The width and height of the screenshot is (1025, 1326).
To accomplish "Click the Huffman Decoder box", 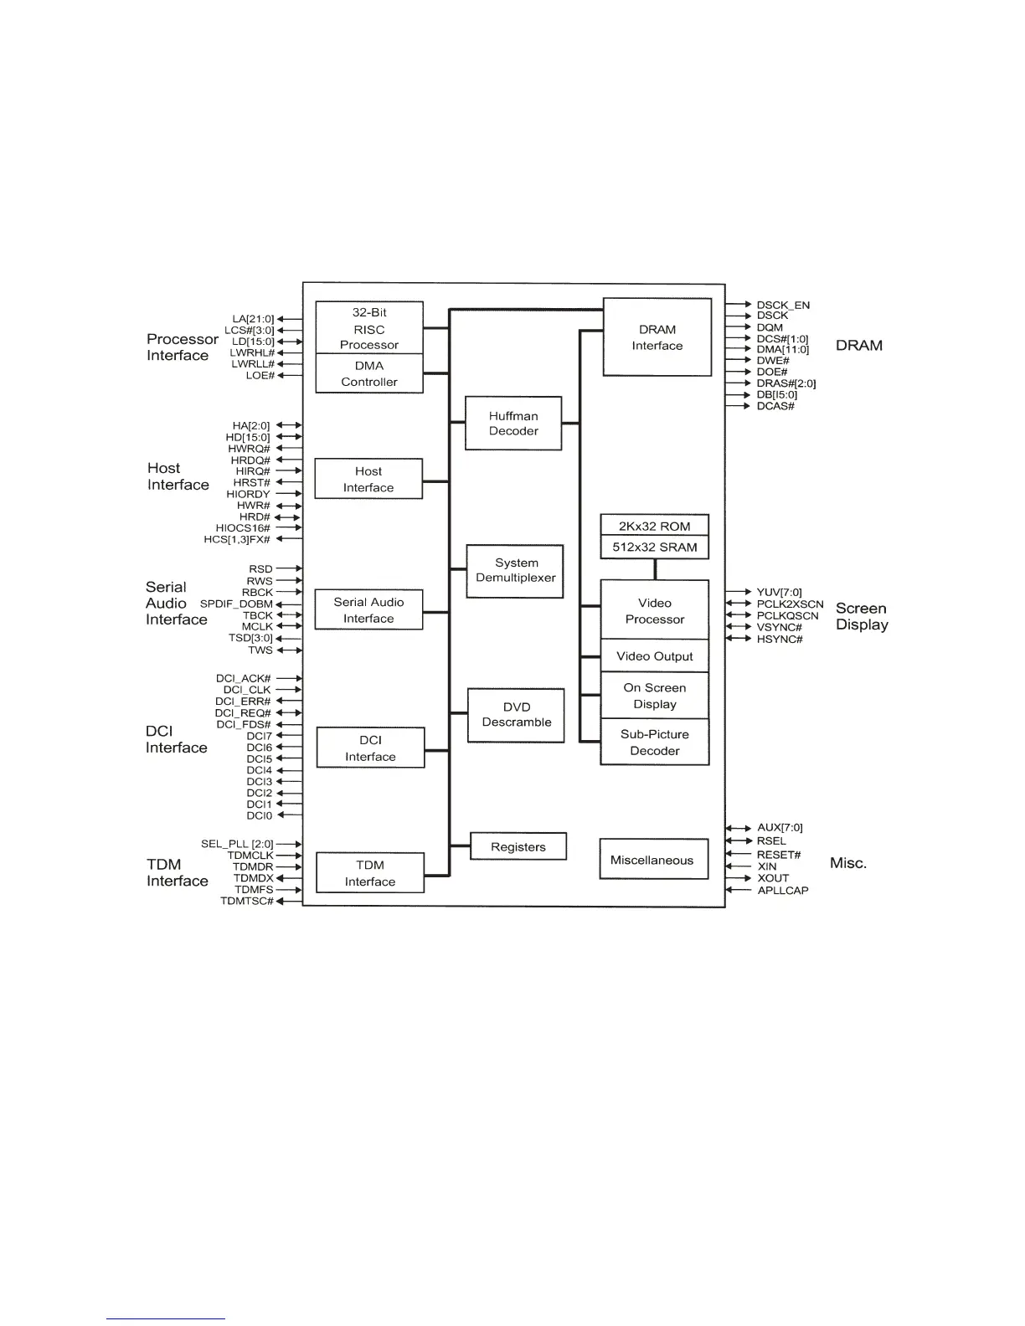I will [x=513, y=424].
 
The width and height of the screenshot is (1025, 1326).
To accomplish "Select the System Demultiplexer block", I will [x=515, y=571].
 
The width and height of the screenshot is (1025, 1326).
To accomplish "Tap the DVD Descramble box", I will [x=516, y=715].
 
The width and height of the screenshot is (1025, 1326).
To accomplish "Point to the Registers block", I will [x=518, y=846].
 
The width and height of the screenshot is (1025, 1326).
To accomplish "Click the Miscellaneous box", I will [x=653, y=860].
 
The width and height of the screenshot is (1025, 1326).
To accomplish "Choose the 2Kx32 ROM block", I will [x=655, y=526].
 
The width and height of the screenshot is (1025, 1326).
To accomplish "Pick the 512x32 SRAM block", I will [x=655, y=547].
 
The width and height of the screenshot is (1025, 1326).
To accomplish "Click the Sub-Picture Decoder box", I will [x=655, y=743].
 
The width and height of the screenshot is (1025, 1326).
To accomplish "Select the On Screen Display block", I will [x=655, y=696].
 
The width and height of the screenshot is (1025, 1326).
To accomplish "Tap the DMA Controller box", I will [x=369, y=374].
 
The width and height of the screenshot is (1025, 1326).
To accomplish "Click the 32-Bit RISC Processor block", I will [x=369, y=328].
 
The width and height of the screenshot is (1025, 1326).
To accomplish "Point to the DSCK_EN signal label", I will [x=783, y=306].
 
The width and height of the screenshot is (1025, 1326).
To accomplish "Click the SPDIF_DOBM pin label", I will [x=236, y=604].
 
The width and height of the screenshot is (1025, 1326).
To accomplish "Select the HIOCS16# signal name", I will [x=243, y=528].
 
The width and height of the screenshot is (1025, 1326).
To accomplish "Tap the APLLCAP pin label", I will [x=783, y=891].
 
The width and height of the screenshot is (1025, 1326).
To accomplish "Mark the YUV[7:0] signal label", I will [x=779, y=593].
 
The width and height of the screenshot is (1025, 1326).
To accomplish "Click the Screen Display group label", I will [x=862, y=616].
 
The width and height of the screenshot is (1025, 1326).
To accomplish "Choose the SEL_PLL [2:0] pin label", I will [x=237, y=844].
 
